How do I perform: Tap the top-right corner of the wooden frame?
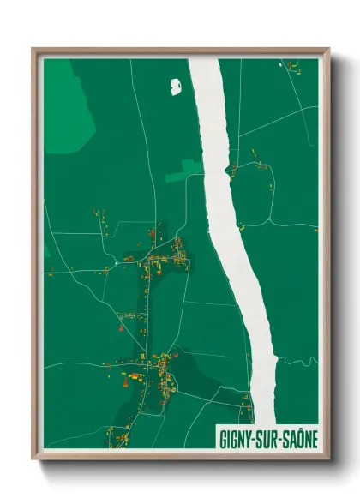[328, 50]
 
